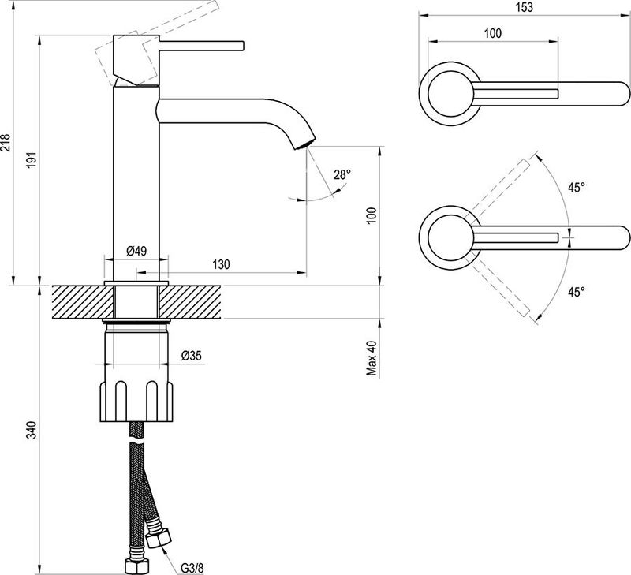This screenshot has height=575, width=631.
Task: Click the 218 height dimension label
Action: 6,142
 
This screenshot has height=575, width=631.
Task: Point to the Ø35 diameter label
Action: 192,356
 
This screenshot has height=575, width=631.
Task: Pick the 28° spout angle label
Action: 341,175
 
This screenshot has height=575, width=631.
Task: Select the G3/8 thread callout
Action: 189,566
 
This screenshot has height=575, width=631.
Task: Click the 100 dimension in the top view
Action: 493,33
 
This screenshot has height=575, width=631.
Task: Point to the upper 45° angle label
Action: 577,188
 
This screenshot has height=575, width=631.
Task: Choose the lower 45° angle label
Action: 577,292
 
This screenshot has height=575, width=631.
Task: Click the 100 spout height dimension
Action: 372,215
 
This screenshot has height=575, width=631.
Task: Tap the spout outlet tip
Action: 304,144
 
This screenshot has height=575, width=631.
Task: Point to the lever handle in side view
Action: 205,43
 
